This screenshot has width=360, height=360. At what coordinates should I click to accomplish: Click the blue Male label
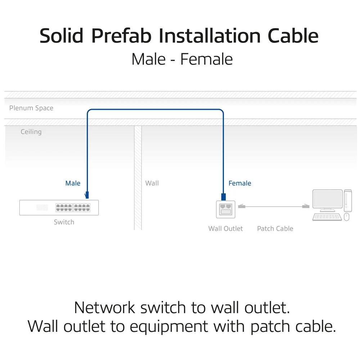click(x=73, y=183)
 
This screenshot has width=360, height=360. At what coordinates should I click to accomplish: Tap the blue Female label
click(x=240, y=183)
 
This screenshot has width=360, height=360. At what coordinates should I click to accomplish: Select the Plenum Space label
click(x=31, y=108)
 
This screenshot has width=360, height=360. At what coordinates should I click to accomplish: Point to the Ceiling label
click(x=31, y=132)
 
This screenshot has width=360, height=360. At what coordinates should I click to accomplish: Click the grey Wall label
click(x=152, y=183)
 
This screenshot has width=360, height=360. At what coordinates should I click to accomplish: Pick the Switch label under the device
click(x=64, y=222)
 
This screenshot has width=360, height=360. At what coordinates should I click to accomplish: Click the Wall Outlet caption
click(x=225, y=229)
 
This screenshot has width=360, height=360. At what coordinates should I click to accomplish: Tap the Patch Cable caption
click(x=275, y=229)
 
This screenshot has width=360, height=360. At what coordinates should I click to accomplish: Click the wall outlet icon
click(x=226, y=209)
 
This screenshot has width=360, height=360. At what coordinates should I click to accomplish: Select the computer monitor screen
click(x=328, y=199)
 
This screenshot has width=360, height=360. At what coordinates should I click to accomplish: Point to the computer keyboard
click(x=327, y=217)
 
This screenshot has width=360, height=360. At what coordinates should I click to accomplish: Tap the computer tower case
click(x=348, y=201)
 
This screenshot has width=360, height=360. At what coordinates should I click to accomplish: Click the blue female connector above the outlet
click(x=224, y=197)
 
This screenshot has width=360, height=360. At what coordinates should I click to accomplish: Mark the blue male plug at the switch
click(x=87, y=195)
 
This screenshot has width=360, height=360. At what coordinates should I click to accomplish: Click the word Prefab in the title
click(x=121, y=36)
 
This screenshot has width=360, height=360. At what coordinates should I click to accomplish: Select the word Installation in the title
click(x=210, y=36)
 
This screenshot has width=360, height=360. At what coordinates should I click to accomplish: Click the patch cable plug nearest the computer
click(x=306, y=206)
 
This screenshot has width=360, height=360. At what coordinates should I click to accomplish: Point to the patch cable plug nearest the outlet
click(x=242, y=206)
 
